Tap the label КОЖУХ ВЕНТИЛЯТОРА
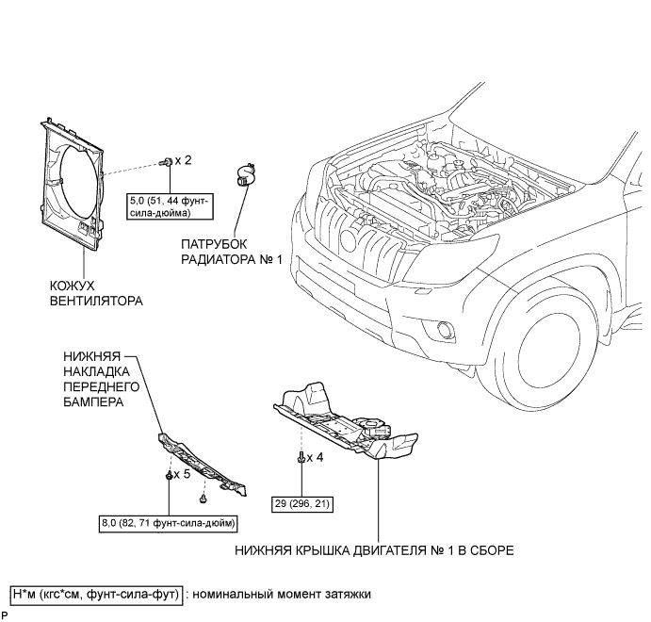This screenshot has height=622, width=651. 96,293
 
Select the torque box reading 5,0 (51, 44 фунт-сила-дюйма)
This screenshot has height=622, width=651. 170,206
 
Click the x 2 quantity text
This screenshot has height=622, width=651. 183,160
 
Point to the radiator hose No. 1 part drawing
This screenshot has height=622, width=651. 245,175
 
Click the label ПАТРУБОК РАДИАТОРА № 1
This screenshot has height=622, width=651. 232,252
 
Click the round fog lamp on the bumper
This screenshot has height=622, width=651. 445,329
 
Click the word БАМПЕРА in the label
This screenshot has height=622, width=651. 93,401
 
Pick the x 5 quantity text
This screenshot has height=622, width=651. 182,474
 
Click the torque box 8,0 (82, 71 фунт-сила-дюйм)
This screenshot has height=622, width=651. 169,523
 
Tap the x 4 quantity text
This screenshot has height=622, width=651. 315,457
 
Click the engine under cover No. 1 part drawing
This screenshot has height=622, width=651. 346,421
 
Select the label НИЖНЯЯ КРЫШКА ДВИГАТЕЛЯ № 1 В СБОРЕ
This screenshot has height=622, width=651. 374,550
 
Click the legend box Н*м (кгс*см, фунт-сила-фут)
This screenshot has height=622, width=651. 96,595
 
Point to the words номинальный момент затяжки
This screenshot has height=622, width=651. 282,595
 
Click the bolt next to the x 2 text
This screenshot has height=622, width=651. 167,161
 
